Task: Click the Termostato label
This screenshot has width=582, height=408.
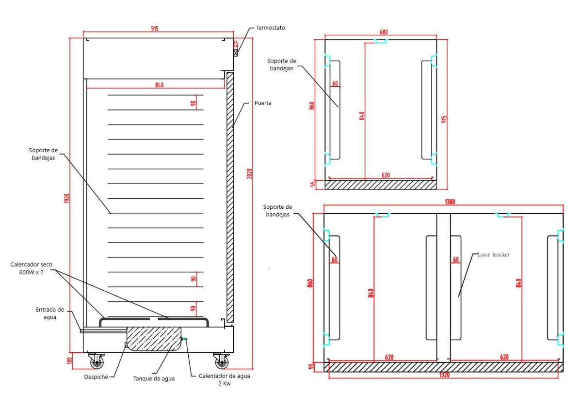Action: pyautogui.click(x=270, y=28)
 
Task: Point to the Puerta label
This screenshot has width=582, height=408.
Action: pyautogui.click(x=263, y=103)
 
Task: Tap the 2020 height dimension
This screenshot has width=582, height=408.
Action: pyautogui.click(x=250, y=173)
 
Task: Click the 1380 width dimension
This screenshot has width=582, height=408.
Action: pyautogui.click(x=450, y=202)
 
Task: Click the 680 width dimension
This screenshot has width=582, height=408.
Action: pyautogui.click(x=383, y=32)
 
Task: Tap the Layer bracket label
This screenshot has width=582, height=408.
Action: pyautogui.click(x=493, y=255)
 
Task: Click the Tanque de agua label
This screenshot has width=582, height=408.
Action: pyautogui.click(x=154, y=378)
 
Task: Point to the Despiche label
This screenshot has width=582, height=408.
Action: pyautogui.click(x=96, y=377)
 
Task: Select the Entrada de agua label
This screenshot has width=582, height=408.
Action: pyautogui.click(x=50, y=313)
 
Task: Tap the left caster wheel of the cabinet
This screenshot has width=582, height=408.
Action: pyautogui.click(x=97, y=361)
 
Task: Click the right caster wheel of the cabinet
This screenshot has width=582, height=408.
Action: pyautogui.click(x=222, y=361)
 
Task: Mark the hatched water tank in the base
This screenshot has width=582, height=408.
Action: pyautogui.click(x=153, y=338)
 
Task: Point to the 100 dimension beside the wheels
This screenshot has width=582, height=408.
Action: pyautogui.click(x=69, y=361)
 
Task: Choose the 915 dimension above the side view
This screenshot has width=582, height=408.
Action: pyautogui.click(x=154, y=29)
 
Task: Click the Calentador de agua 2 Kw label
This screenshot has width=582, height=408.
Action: pyautogui.click(x=225, y=379)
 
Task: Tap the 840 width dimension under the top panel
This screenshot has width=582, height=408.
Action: pyautogui.click(x=159, y=85)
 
